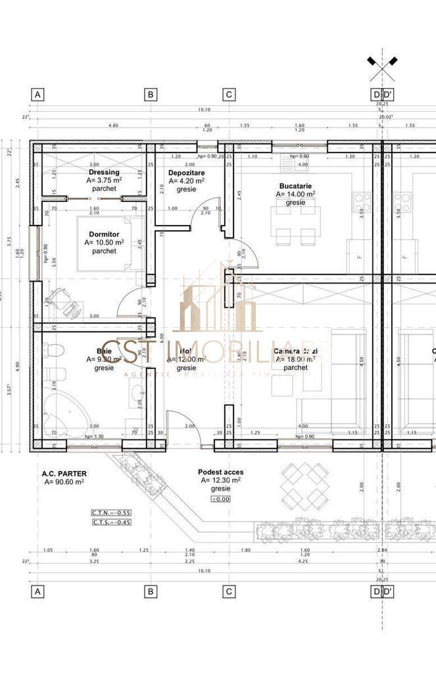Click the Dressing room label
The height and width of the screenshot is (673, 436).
[103, 172]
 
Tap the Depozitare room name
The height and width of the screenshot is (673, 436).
[185, 172]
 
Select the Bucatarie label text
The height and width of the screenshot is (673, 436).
[295, 186]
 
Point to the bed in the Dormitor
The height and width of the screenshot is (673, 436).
[109, 243]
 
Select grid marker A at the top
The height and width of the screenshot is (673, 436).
[37, 95]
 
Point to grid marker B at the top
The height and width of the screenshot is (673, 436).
[151, 95]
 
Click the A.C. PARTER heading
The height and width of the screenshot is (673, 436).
[64, 473]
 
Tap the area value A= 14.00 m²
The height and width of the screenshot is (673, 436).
[295, 194]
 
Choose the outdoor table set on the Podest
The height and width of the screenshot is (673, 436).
[305, 486]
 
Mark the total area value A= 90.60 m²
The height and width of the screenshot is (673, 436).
[64, 482]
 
